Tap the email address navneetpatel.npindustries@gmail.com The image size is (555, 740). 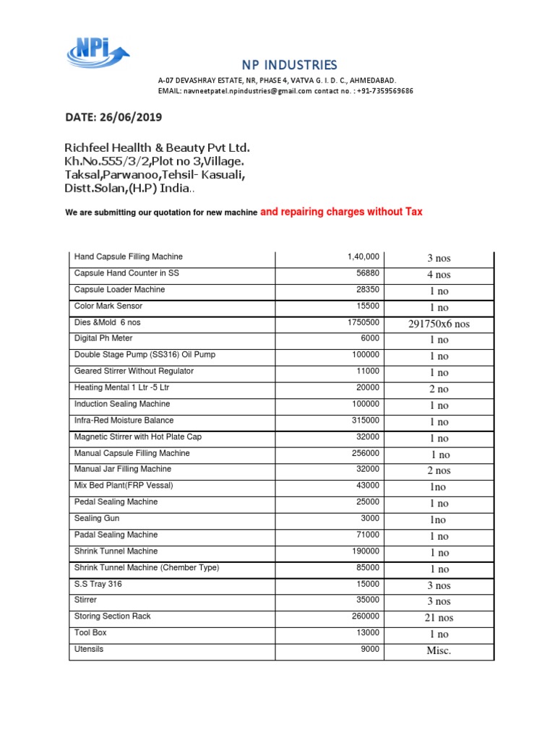(x=248, y=92)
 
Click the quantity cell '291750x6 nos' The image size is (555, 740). (x=439, y=324)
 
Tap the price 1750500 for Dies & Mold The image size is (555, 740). (x=363, y=322)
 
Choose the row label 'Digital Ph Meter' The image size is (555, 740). (x=104, y=338)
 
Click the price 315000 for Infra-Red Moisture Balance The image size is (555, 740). (x=366, y=420)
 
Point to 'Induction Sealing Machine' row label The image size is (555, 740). (x=124, y=404)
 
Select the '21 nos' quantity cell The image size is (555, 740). (x=438, y=618)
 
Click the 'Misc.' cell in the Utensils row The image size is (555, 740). (x=439, y=651)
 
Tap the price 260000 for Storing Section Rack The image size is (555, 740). (x=366, y=616)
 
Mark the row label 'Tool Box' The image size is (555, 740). (x=90, y=632)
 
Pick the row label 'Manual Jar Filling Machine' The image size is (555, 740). (x=122, y=469)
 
